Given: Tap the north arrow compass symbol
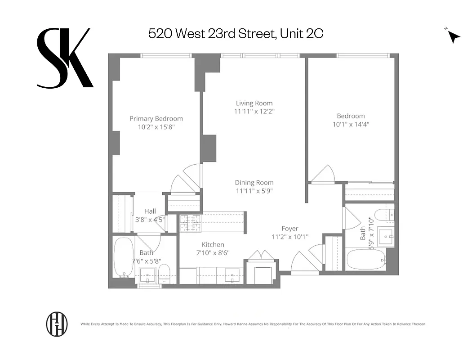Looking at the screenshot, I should tap(454, 36).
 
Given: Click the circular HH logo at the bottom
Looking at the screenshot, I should tap(57, 324).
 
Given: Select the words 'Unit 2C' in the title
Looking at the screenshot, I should tap(301, 33).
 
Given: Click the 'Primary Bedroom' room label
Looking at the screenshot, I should tap(156, 119).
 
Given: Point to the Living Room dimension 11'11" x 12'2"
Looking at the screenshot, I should tap(254, 111).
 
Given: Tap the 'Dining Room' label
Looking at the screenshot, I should tap(254, 183).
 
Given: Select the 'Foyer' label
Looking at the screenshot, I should tap(290, 229).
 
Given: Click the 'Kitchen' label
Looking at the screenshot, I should tap(213, 244).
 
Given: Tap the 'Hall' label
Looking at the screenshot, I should tap(150, 211).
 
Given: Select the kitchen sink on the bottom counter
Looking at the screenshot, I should tap(232, 274).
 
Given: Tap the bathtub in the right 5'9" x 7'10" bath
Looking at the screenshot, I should tap(365, 260).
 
